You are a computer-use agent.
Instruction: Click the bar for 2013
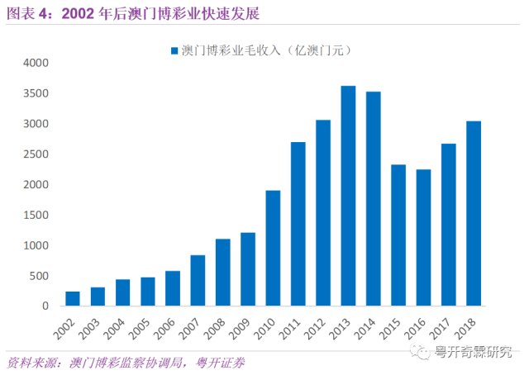pyautogui.click(x=348, y=196)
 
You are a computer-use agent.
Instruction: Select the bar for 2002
pyautogui.click(x=72, y=298)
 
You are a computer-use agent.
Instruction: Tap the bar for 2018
pyautogui.click(x=474, y=213)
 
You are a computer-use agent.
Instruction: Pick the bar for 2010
pyautogui.click(x=273, y=248)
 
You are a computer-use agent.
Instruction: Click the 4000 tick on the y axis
pyautogui.click(x=36, y=63)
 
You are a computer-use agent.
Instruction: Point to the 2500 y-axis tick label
pyautogui.click(x=36, y=154)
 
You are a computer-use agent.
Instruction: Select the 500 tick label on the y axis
pyautogui.click(x=40, y=276)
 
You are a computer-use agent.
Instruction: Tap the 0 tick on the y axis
pyautogui.click(x=46, y=306)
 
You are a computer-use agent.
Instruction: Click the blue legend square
pyautogui.click(x=174, y=51)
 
